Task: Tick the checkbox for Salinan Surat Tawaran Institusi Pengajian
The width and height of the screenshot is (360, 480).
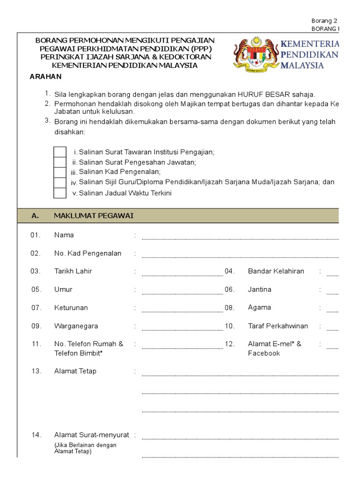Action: click(60, 152)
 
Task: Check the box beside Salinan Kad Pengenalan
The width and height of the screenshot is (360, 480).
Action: click(60, 172)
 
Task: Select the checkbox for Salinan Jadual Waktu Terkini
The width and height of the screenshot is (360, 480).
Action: click(60, 193)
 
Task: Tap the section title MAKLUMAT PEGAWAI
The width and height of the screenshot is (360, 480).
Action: click(94, 216)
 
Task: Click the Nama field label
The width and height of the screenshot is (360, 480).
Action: click(64, 235)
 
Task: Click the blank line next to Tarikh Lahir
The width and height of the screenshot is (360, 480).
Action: click(182, 274)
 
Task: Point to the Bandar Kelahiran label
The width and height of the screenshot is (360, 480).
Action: click(276, 271)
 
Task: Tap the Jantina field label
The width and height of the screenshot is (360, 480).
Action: click(259, 290)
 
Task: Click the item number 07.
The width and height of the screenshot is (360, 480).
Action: click(37, 308)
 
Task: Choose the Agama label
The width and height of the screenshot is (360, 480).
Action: click(259, 307)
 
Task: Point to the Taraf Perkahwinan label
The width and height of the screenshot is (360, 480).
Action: click(278, 326)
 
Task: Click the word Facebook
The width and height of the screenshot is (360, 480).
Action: click(263, 353)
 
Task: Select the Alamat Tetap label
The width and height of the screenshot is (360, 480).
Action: click(75, 371)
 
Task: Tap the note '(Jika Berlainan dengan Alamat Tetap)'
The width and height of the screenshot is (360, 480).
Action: click(85, 449)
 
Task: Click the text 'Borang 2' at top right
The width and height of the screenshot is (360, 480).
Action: click(324, 21)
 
